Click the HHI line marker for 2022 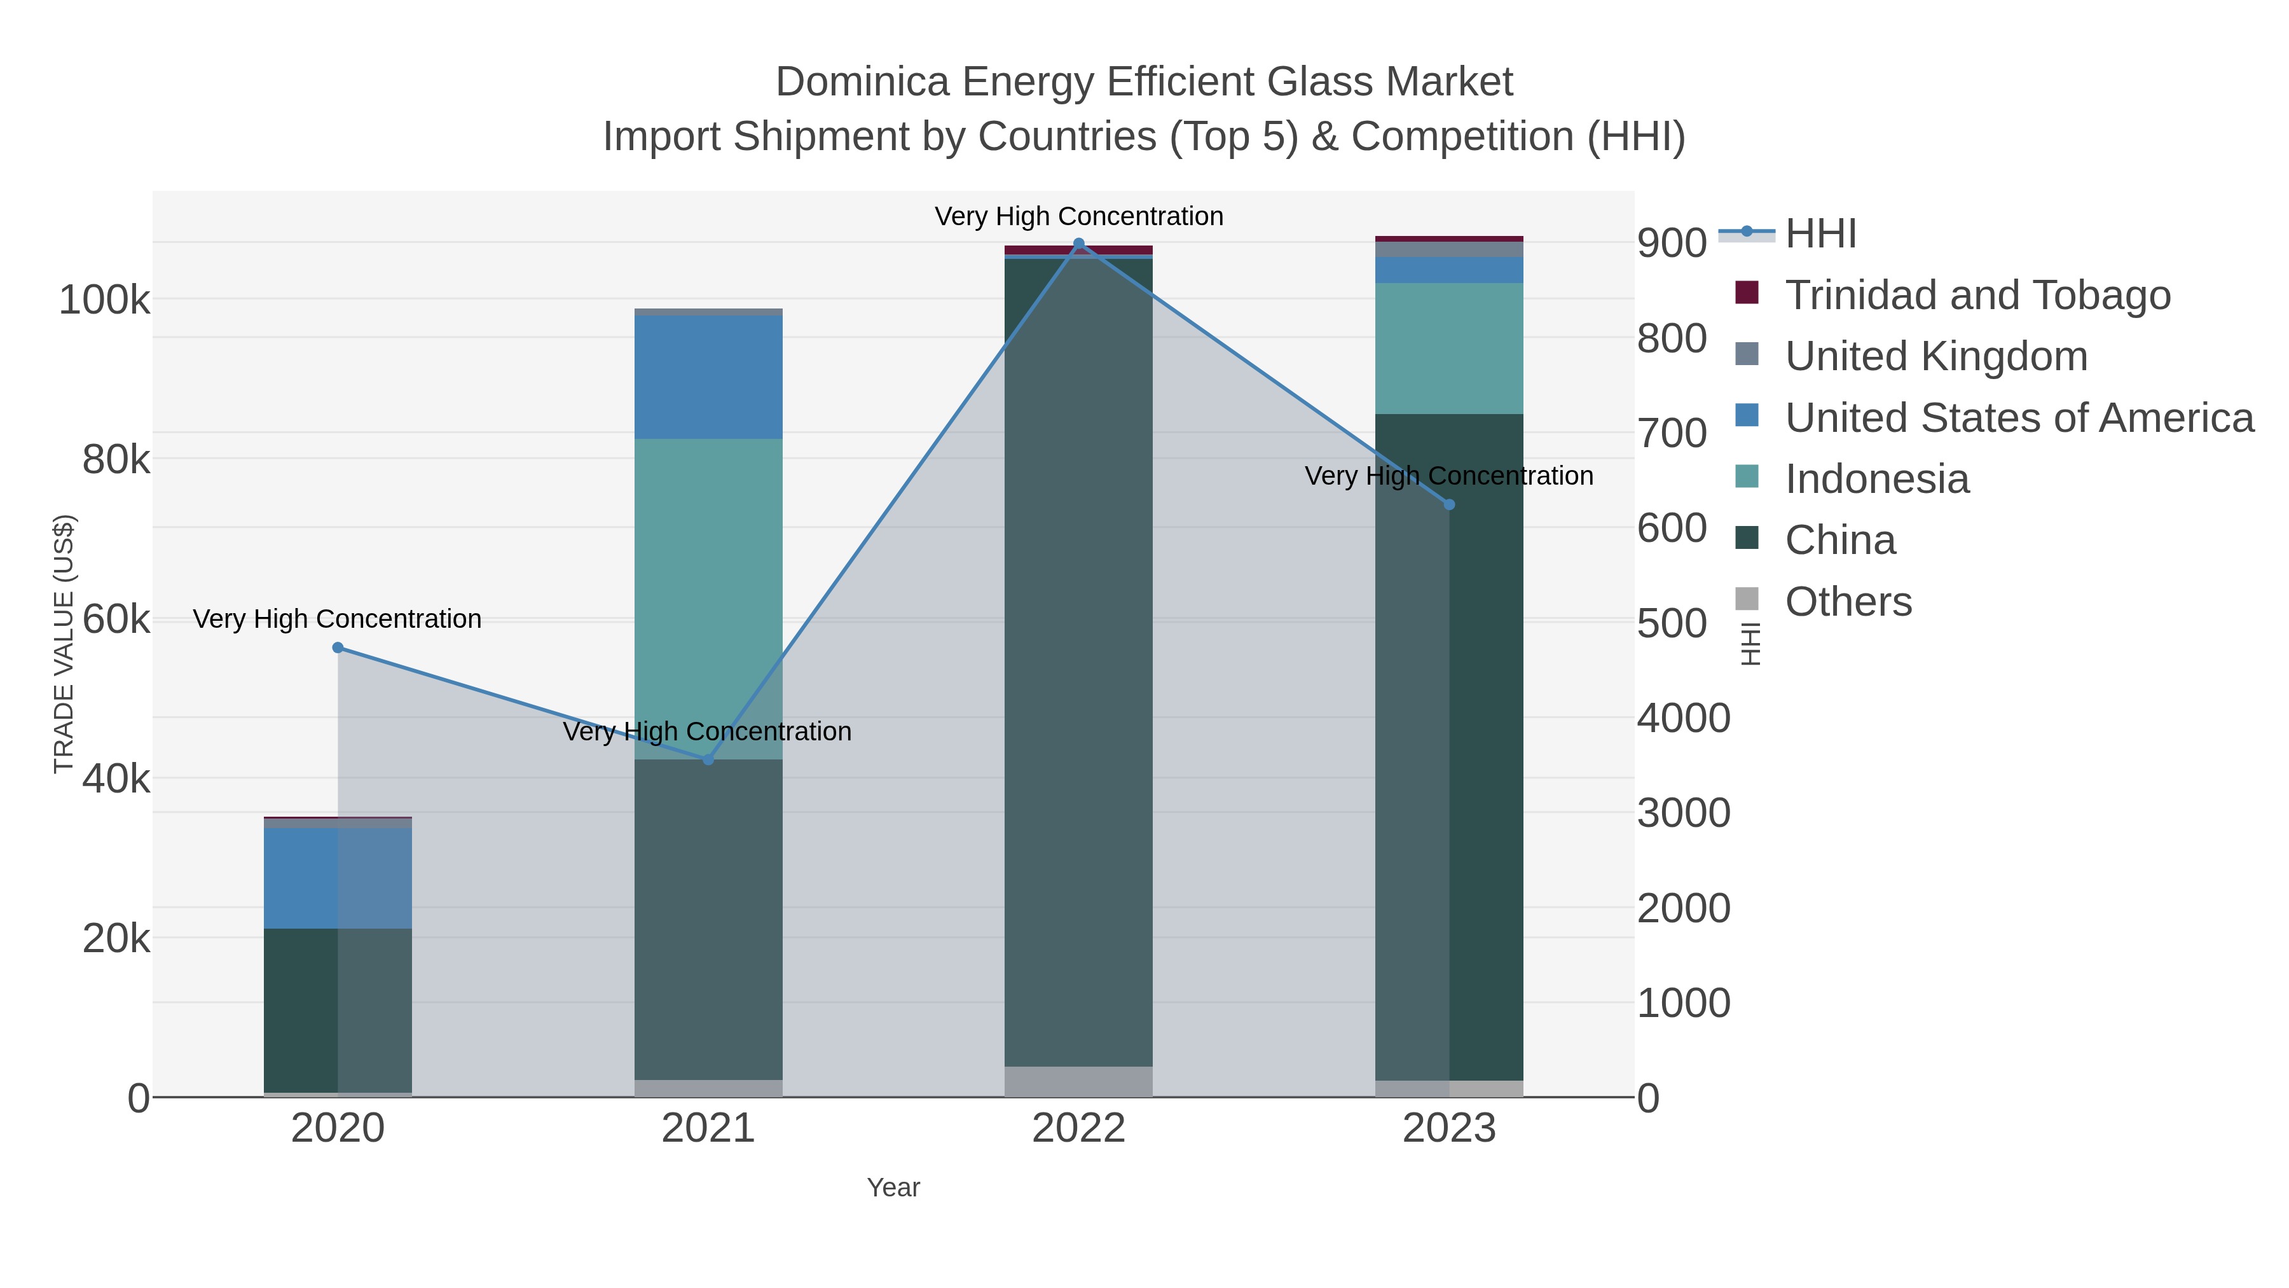1079,244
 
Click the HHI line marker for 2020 338,648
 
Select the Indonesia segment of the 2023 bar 1449,349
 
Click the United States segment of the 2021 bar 708,377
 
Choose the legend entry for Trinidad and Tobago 1977,295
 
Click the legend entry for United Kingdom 1935,356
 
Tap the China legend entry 1839,541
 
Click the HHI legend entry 1820,234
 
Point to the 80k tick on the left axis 116,460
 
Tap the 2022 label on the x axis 1079,1129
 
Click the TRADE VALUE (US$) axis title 64,644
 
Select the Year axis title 893,1188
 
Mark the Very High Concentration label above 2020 338,619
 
